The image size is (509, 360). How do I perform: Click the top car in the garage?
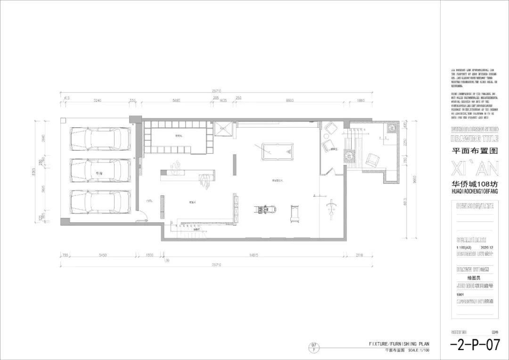100,139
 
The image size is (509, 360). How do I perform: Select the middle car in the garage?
100,170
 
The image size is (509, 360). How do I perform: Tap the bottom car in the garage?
100,202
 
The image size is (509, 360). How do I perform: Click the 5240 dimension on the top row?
97,100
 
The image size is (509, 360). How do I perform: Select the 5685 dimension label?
177,100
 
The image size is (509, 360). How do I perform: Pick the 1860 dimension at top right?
361,100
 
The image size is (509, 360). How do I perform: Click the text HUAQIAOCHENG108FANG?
474,192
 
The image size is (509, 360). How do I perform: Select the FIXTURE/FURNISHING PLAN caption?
399,344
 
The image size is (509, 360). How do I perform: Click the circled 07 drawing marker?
314,347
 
